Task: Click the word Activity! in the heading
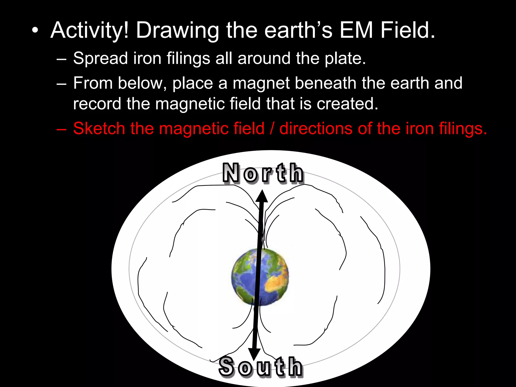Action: point(90,31)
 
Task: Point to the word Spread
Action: point(100,58)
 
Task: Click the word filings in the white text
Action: point(188,58)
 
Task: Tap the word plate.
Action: point(345,58)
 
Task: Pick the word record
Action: point(97,104)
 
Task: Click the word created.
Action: point(347,104)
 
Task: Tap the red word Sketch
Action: point(99,128)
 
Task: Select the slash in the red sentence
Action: point(272,128)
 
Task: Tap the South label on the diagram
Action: point(261,367)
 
